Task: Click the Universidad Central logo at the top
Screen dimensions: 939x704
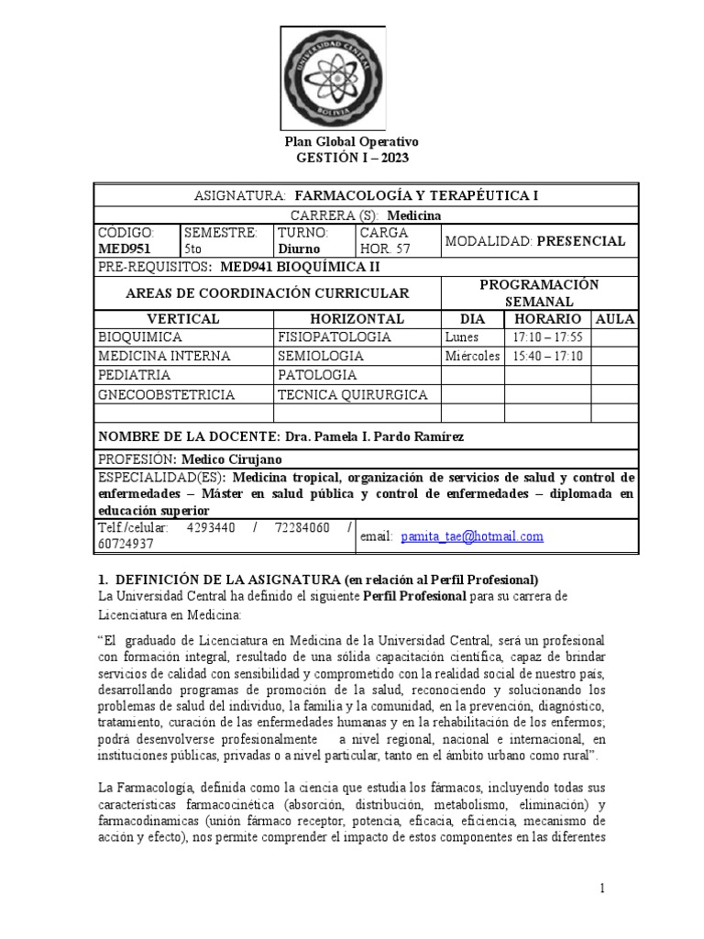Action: click(351, 75)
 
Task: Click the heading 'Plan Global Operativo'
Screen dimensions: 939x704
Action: click(352, 142)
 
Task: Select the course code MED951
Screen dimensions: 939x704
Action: click(125, 248)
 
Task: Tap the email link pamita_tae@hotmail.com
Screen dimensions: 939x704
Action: click(471, 536)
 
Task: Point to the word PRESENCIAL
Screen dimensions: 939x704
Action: click(581, 241)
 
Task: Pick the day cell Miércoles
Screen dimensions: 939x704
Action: click(472, 356)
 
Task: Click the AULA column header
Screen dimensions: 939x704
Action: click(615, 318)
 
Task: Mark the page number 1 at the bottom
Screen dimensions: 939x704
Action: click(602, 889)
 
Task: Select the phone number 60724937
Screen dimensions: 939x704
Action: click(128, 544)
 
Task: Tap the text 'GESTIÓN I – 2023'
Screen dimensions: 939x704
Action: click(352, 158)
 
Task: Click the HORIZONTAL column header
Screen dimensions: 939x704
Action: click(357, 318)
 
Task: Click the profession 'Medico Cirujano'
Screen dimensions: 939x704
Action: click(232, 458)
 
